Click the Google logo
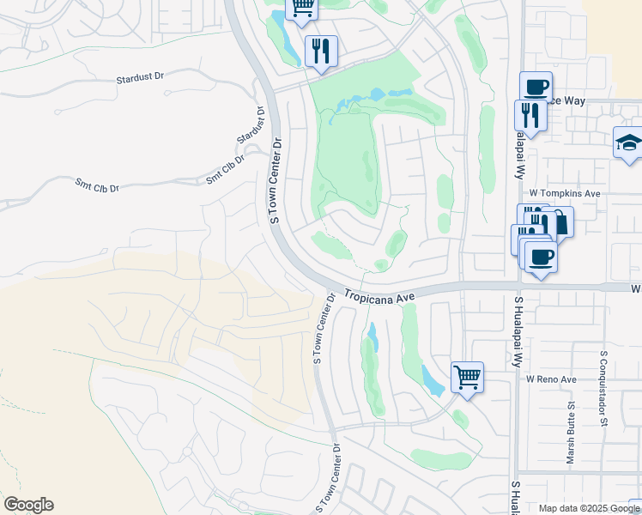[28, 505]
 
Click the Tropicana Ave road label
[379, 294]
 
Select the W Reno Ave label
[552, 379]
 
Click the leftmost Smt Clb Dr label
[97, 183]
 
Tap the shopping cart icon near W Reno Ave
[467, 376]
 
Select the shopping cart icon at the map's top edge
[301, 7]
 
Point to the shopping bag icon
[559, 222]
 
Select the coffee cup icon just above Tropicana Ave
[540, 256]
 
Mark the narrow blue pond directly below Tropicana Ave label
[372, 336]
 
